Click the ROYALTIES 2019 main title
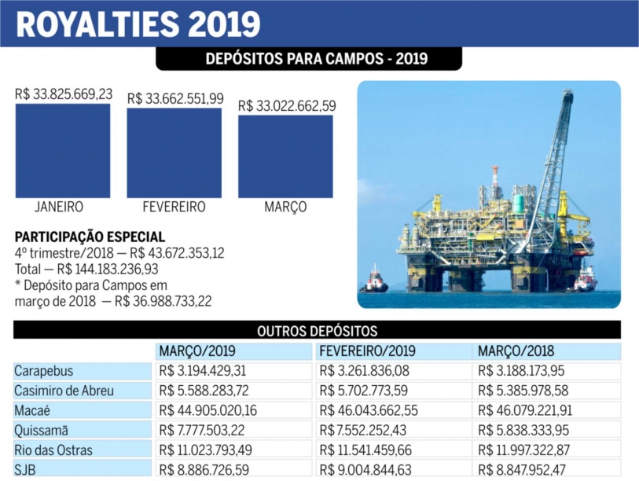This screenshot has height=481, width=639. (x=138, y=24)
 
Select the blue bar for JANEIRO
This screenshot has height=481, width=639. (x=63, y=150)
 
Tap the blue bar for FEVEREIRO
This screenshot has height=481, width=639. (x=174, y=152)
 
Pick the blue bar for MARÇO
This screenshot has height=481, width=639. (x=285, y=156)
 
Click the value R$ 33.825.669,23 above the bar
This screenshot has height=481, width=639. (x=64, y=94)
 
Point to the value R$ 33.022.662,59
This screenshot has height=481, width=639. (x=287, y=105)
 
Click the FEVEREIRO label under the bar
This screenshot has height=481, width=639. (x=174, y=207)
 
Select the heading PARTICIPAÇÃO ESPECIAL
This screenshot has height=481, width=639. (x=90, y=237)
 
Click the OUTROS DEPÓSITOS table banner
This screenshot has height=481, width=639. (x=317, y=331)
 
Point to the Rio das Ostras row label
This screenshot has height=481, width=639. (x=53, y=449)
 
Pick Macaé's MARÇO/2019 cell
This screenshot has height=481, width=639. (x=207, y=409)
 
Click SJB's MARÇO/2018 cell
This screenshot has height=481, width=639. (x=523, y=468)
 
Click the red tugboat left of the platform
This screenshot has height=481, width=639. (x=374, y=282)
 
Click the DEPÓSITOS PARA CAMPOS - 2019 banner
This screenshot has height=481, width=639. (x=316, y=59)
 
